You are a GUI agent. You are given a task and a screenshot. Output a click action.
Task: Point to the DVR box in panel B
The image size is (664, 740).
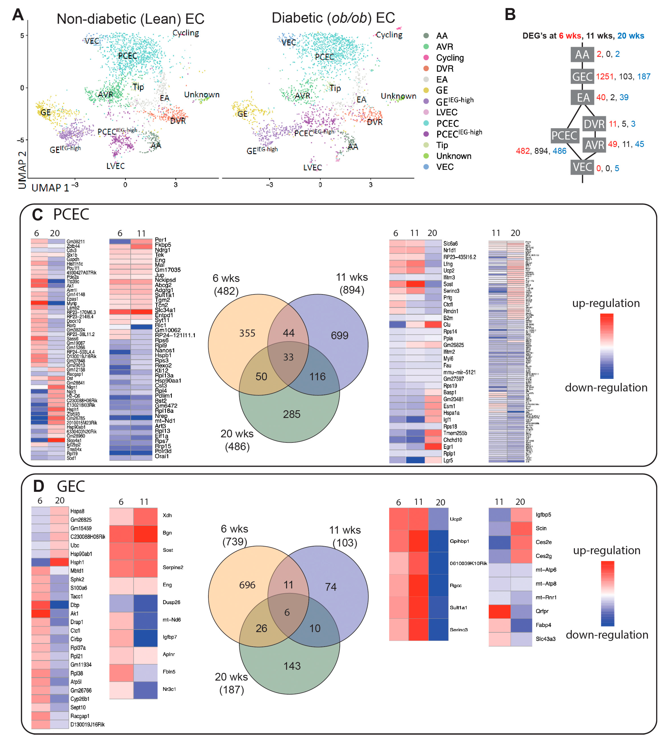pos(594,124)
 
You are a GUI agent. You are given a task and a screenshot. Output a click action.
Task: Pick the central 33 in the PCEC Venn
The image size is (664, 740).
pos(288,357)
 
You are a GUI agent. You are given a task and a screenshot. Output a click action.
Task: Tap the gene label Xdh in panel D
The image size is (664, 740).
pos(167,515)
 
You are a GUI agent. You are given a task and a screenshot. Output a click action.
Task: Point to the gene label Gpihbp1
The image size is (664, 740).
pos(459,541)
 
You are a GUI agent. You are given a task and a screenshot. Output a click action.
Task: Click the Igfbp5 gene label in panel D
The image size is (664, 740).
pos(543,515)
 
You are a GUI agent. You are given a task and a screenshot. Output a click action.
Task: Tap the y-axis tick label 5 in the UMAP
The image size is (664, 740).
pos(22,36)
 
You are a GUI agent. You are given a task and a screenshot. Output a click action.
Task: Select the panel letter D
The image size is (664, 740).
pos(38,486)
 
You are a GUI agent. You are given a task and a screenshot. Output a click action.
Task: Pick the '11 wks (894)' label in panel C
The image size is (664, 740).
pos(352,283)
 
